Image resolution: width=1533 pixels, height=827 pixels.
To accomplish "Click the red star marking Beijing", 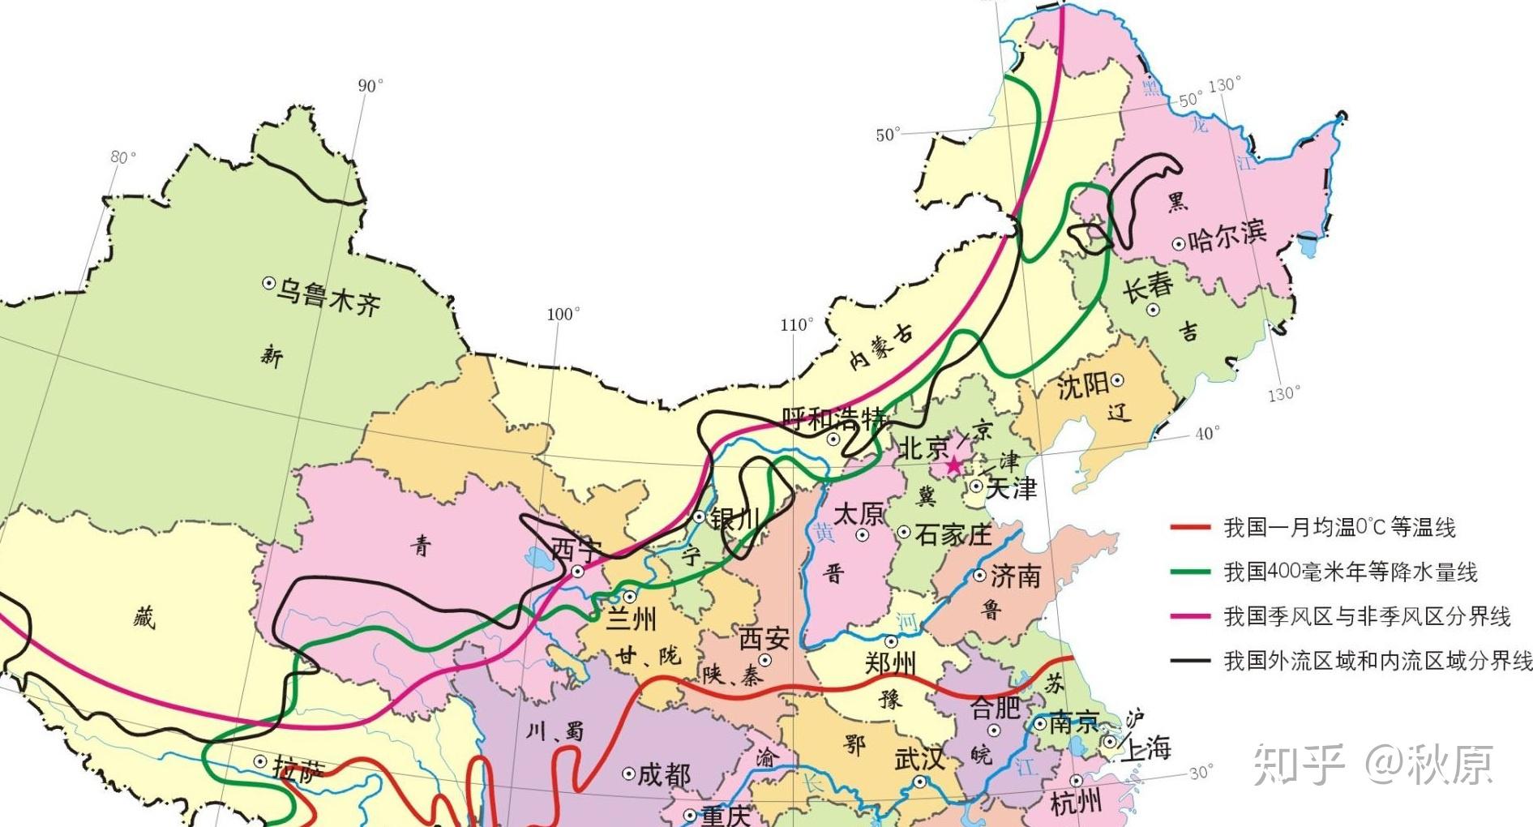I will coord(953,465).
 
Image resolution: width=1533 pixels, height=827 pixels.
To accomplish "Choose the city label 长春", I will coord(1148,286).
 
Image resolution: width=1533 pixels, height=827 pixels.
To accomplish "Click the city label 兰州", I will coord(632,619).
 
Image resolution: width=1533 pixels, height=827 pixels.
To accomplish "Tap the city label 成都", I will coord(664,775).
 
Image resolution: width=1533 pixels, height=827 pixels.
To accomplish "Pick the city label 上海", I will coord(1145,748).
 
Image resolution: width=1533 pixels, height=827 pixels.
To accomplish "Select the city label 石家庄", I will coord(953,534).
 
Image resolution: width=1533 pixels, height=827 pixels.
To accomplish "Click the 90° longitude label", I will coord(370,86).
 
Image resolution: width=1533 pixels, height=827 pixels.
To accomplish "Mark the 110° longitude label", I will coord(796,325).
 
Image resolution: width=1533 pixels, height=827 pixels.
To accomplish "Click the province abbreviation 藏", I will coord(143,619).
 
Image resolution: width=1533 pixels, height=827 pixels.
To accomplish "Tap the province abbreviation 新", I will coord(272,355).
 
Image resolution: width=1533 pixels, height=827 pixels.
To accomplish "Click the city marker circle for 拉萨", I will coord(260,762).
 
